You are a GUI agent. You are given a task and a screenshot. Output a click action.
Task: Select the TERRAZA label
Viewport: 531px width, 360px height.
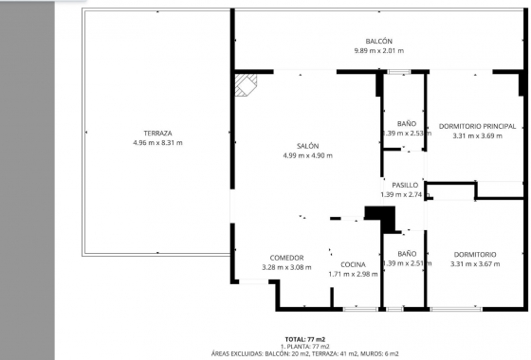click(x=157, y=133)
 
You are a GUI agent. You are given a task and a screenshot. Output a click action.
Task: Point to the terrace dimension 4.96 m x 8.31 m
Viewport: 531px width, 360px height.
click(x=157, y=143)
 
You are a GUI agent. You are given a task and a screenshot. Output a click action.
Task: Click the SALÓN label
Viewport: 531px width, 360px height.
click(x=306, y=146)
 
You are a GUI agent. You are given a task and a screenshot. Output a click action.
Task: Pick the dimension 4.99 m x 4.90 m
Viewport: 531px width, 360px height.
click(x=306, y=156)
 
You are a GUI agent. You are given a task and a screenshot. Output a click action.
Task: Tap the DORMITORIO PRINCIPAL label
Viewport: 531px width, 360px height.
click(x=476, y=126)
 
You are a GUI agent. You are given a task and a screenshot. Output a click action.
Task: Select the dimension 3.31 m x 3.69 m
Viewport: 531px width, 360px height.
click(x=476, y=136)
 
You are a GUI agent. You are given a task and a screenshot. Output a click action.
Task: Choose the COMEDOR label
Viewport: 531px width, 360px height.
click(x=286, y=258)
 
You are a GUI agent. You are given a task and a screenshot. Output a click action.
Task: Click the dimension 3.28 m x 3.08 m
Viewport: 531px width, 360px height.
click(x=286, y=268)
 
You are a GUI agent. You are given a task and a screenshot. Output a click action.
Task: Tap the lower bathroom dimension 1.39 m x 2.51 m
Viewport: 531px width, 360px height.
click(x=406, y=264)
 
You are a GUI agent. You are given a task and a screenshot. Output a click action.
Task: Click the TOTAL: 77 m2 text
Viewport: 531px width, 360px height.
click(x=305, y=338)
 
